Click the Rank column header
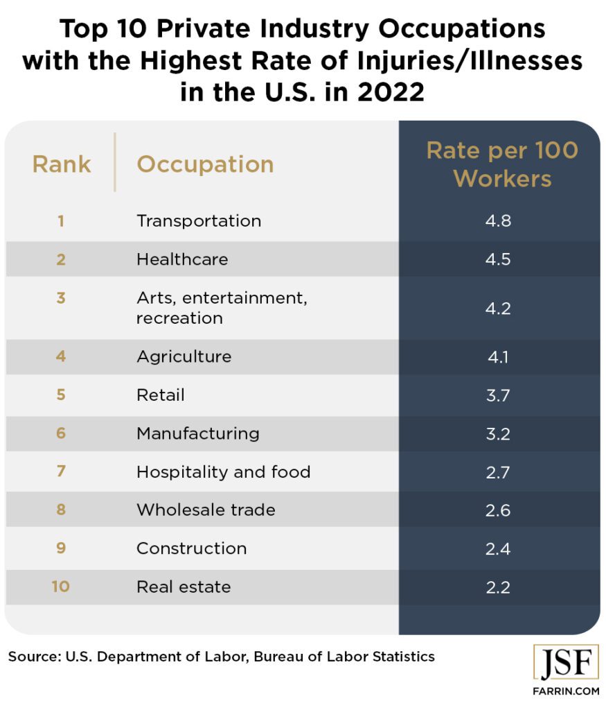coord(62,164)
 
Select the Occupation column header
coord(205,164)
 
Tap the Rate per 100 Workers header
coord(501,164)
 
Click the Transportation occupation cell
coord(199,221)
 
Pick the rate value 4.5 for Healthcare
coord(499,259)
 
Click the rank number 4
coord(61,356)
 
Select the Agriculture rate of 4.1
coord(499,356)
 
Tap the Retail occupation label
coord(161,395)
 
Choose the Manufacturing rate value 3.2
coord(499,434)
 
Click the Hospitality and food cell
coord(223,472)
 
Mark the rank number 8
coord(61,510)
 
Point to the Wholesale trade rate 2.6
coord(499,510)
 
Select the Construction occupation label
coord(191,548)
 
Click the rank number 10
coord(60,587)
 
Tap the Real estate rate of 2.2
coord(499,587)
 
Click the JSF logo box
coord(566,664)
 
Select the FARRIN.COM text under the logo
coord(566,692)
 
